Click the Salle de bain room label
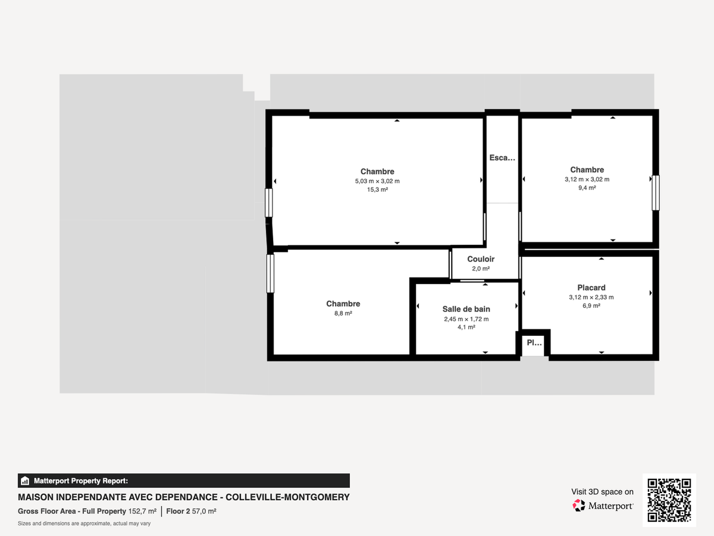[466, 309]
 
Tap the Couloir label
[481, 259]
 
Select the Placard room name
[591, 288]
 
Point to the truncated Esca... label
[502, 158]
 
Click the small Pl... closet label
[534, 342]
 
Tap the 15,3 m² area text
[377, 190]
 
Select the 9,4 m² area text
[587, 188]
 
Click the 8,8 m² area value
[343, 313]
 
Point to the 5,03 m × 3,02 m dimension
[377, 181]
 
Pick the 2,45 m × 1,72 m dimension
[466, 319]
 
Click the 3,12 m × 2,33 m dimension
[591, 297]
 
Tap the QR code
[669, 500]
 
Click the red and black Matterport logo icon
[579, 506]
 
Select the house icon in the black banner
[25, 481]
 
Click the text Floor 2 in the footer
[178, 511]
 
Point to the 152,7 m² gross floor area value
[142, 511]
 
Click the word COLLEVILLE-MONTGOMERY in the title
[287, 497]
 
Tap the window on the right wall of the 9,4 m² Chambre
[656, 192]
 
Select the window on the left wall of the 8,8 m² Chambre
[270, 274]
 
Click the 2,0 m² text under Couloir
[481, 269]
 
